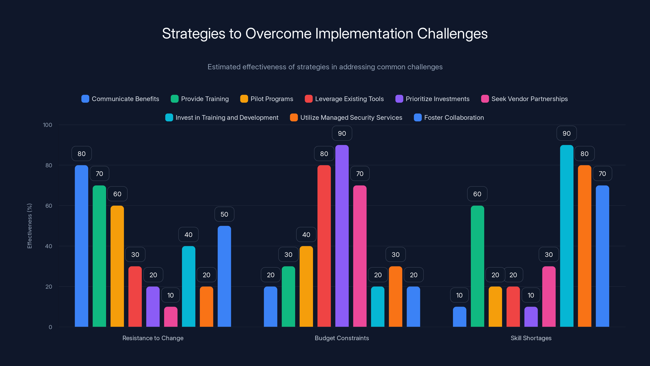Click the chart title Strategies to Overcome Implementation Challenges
(325, 34)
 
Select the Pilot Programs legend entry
(267, 99)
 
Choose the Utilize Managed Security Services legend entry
(346, 118)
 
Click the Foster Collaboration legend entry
(449, 118)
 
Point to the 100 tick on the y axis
(48, 125)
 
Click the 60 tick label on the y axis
(49, 206)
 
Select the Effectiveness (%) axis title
(29, 226)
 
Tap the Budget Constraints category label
(342, 338)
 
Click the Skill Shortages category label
(531, 338)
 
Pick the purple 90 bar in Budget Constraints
(342, 236)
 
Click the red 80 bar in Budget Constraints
(324, 246)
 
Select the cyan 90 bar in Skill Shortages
(567, 236)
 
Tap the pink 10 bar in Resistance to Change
(171, 317)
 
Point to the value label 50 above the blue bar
(224, 214)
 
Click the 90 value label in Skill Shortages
(567, 133)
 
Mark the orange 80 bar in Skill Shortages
(584, 246)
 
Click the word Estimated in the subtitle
(224, 67)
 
